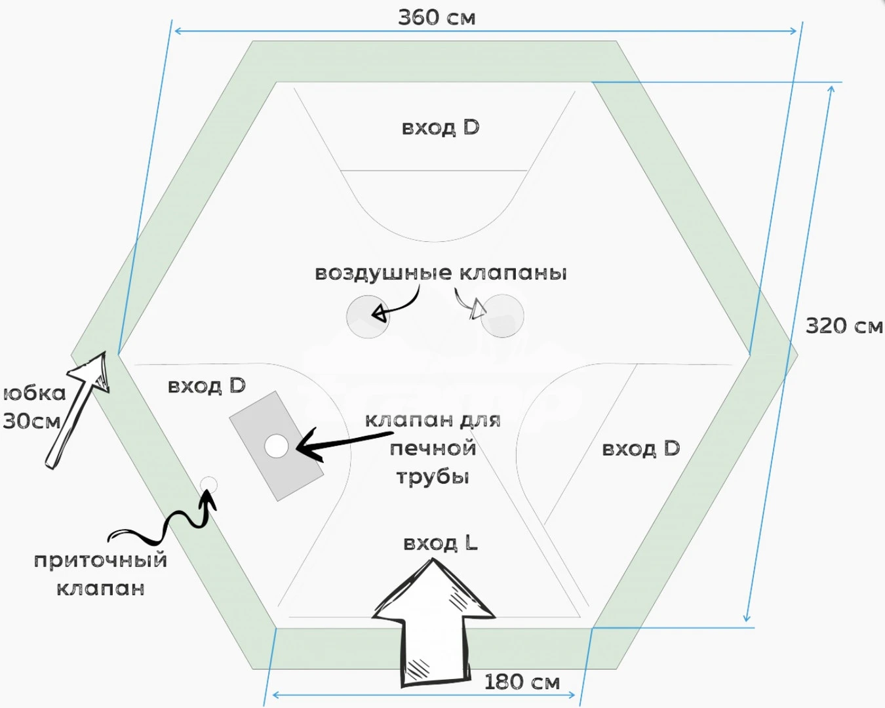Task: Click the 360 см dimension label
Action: tap(437, 17)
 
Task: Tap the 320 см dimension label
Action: tap(844, 326)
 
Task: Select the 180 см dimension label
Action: tap(522, 682)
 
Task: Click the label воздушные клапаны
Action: tap(441, 273)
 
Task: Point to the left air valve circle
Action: tap(367, 317)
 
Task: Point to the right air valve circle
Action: tap(503, 316)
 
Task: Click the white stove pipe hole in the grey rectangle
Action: tap(277, 446)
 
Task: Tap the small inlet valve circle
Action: tap(208, 485)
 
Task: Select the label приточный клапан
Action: tap(100, 574)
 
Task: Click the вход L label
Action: tap(441, 543)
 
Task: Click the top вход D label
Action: tap(441, 127)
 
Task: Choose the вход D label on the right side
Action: tap(640, 449)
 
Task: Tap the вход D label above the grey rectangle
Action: tap(206, 386)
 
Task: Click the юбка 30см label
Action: tap(34, 407)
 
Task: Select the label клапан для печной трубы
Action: tap(433, 448)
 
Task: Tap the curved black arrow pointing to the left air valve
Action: tap(399, 305)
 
